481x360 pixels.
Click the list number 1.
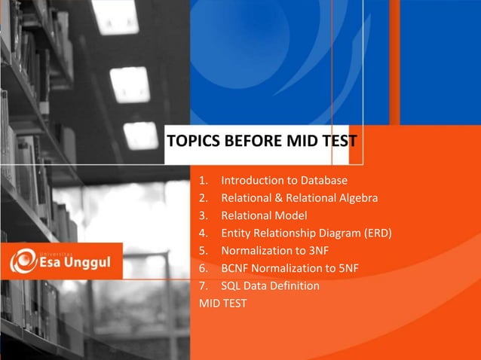[x=202, y=182]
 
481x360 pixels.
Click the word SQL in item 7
[x=231, y=285]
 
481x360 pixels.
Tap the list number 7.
[x=202, y=285]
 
